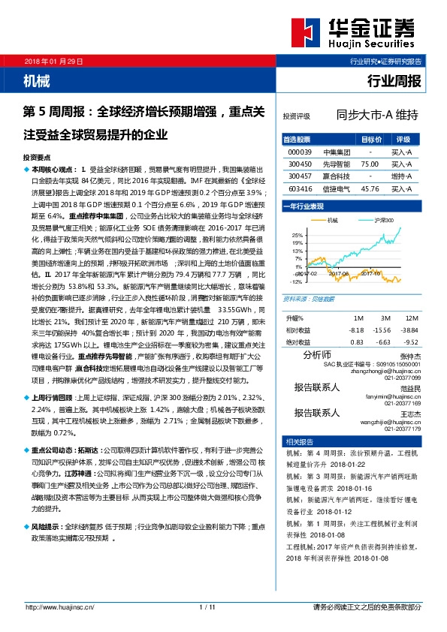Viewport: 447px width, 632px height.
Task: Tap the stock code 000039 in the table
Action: point(300,152)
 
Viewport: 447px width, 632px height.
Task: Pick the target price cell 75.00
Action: point(369,163)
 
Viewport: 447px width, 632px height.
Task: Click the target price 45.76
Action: point(369,189)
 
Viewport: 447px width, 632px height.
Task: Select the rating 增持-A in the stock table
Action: point(402,176)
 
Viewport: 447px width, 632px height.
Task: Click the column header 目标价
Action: point(370,140)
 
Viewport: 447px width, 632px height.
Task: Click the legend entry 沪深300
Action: point(385,221)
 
